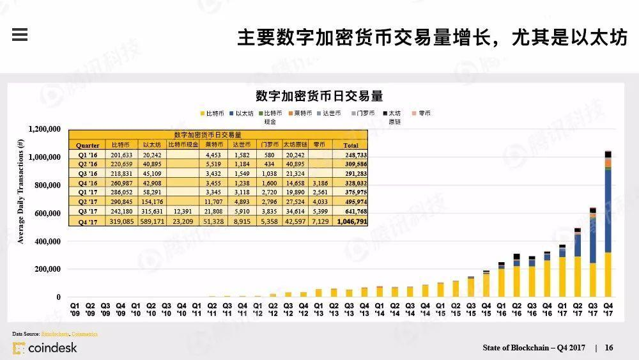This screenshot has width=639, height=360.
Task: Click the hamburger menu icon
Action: click(20, 35)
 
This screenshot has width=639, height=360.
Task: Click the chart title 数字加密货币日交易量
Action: click(319, 96)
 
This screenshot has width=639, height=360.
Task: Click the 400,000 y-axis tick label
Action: click(47, 242)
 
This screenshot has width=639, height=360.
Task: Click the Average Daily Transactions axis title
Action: click(20, 191)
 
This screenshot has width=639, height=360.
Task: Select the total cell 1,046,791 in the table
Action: click(351, 221)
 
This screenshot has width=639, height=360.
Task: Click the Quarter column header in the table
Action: click(88, 145)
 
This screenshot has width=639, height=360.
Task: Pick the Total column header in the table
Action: click(351, 145)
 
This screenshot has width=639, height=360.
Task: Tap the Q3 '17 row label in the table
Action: click(88, 211)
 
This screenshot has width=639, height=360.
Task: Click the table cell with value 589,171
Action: click(151, 221)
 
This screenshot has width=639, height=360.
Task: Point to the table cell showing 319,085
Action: click(121, 221)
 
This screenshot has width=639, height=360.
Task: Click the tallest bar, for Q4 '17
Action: click(608, 224)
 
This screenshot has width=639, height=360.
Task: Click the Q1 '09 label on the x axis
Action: click(75, 309)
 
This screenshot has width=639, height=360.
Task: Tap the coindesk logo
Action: click(45, 348)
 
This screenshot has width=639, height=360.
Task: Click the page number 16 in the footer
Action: click(609, 348)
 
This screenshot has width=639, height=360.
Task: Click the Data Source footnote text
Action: click(55, 334)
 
